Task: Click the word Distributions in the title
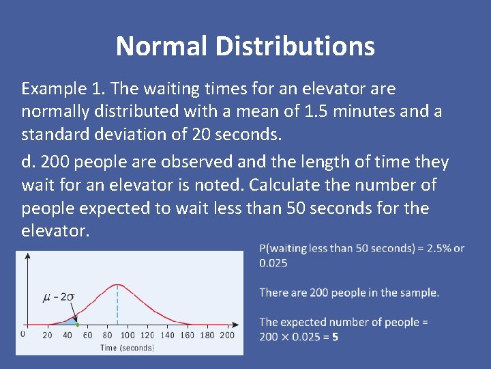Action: [x=295, y=46]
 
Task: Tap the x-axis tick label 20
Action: [x=47, y=335]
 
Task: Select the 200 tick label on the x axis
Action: [x=227, y=335]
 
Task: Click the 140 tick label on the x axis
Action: [x=167, y=335]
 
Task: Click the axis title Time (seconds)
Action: [x=127, y=348]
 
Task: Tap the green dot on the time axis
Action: [x=77, y=324]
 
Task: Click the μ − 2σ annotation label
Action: [x=59, y=297]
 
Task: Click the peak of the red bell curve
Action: [x=117, y=284]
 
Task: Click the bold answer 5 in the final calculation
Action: [x=336, y=336]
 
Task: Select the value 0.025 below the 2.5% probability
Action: [x=273, y=262]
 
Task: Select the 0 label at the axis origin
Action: [x=22, y=334]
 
